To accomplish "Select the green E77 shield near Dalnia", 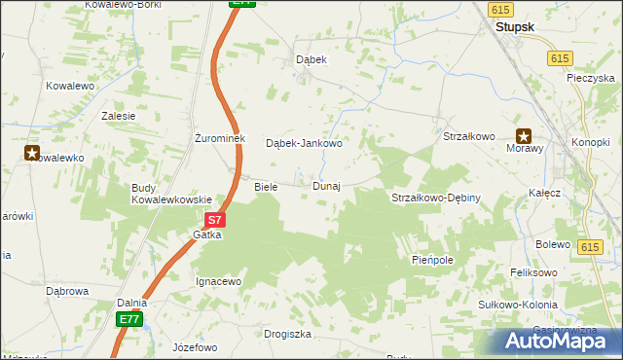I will pos(129,319).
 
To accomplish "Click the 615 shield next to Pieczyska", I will pos(559,58).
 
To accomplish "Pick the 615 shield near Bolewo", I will pos(588,249).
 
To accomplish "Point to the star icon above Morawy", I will pos(524,136).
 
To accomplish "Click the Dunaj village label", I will pos(326,186).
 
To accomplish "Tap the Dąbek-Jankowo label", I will pos(305,143).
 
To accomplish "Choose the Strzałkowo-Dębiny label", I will pos(449,198).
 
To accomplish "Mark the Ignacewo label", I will pos(218,281).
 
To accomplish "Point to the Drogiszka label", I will pos(287,334).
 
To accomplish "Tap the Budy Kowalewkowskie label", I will pos(171,194).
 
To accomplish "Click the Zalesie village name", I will pos(118,115).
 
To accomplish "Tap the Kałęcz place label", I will pos(545,194).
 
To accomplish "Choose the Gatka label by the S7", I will pos(207,235).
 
